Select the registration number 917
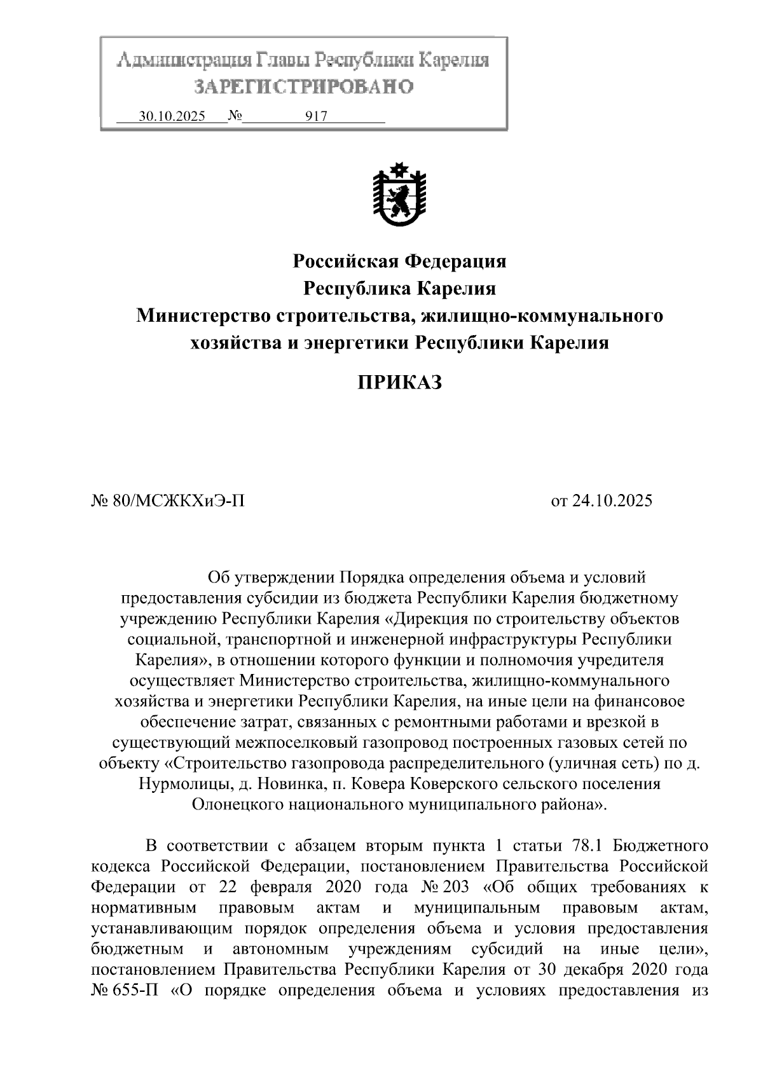pyautogui.click(x=316, y=116)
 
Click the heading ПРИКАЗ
pyautogui.click(x=399, y=383)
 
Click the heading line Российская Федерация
pyautogui.click(x=399, y=261)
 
